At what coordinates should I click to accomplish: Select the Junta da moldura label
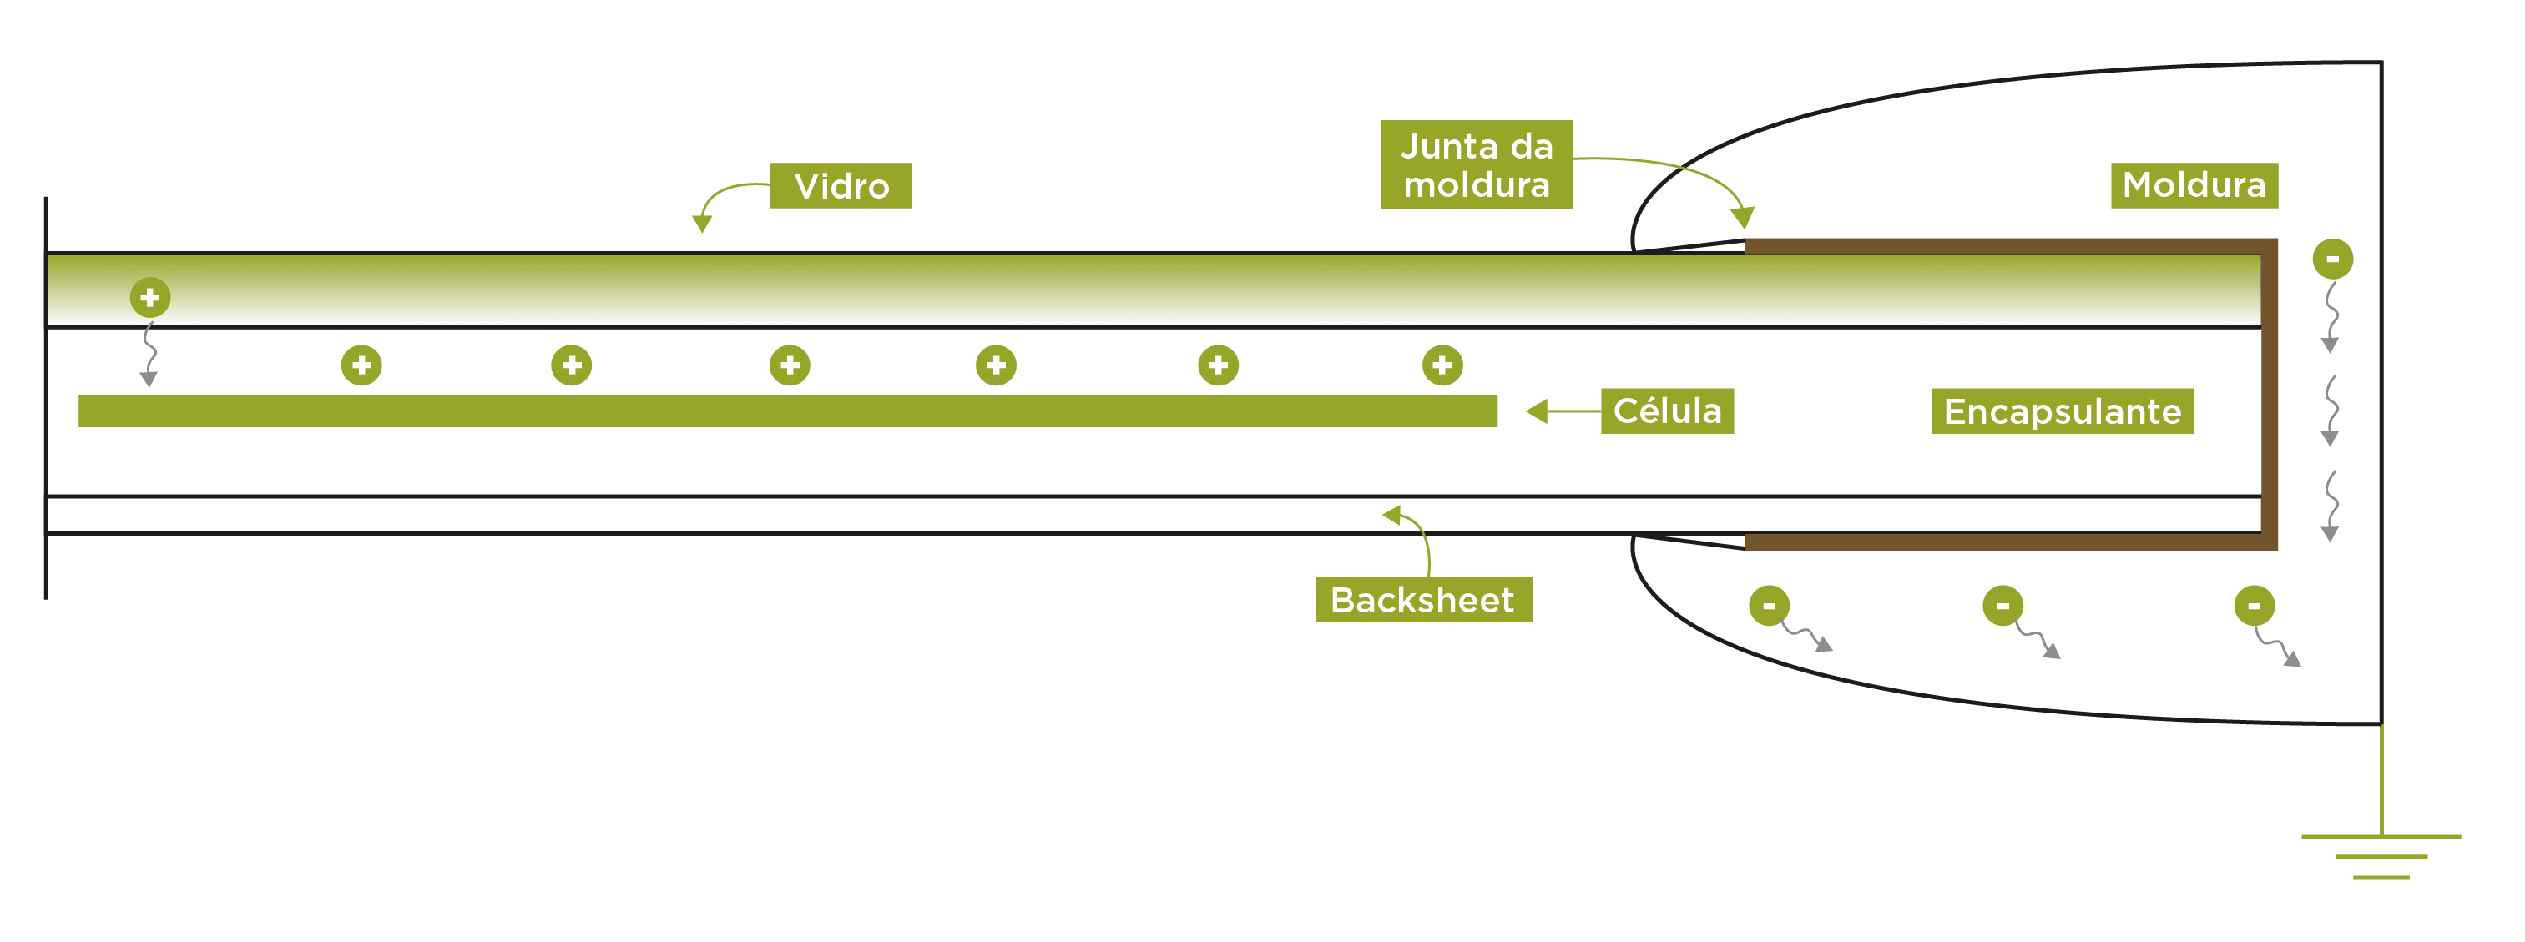1475,164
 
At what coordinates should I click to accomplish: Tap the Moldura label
2193,185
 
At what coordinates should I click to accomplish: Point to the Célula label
1666,411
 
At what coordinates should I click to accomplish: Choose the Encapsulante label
2062,411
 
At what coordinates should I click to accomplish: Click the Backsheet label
1422,599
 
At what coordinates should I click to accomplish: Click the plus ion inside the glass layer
150,297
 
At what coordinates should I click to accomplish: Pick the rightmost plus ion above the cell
1442,365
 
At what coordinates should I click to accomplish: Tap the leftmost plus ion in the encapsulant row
361,365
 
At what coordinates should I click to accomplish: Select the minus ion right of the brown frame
2332,259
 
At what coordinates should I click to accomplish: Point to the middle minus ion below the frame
2002,606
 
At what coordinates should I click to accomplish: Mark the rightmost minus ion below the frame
2254,606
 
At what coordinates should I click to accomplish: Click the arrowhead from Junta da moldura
1742,217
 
